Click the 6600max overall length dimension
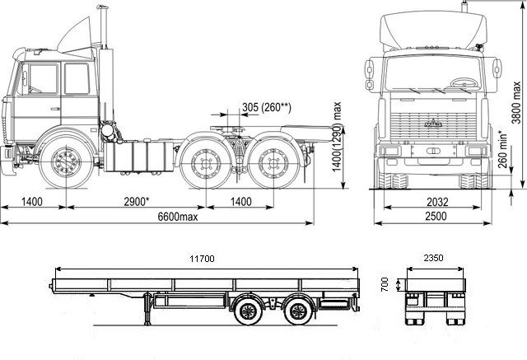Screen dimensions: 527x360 point(178,217)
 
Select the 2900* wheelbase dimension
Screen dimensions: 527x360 point(137,202)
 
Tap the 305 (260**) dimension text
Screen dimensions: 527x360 point(267,107)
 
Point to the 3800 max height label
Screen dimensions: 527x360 point(516,102)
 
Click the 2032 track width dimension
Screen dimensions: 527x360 point(437,202)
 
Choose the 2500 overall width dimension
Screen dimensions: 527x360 point(436,216)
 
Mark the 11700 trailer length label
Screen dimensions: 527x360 point(202,259)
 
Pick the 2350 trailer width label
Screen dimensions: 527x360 point(434,258)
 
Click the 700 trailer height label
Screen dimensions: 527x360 point(385,284)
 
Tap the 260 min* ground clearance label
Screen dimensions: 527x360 point(502,149)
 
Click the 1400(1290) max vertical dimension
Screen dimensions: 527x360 point(337,137)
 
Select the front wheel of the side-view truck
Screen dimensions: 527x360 point(66,161)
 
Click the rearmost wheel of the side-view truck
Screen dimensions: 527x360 point(273,164)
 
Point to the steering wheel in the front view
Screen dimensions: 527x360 point(464,83)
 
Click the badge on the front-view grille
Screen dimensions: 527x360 point(433,124)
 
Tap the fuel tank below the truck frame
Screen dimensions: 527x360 point(138,157)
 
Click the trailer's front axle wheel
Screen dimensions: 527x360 point(249,311)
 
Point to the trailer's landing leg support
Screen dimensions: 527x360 point(147,310)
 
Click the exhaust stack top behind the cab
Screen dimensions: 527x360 point(102,7)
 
